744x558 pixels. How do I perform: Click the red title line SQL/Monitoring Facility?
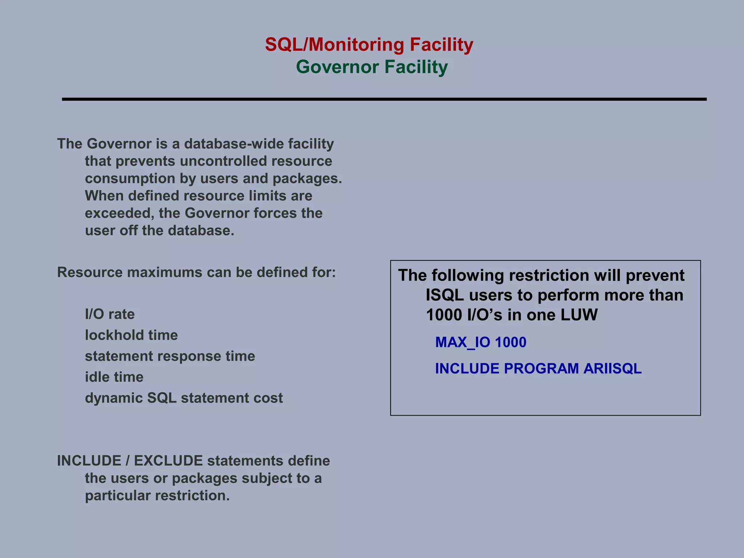click(369, 45)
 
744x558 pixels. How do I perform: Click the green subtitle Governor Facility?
click(372, 67)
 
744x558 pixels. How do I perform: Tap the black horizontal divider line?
click(384, 99)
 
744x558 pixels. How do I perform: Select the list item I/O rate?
click(110, 314)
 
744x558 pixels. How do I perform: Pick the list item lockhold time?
click(131, 335)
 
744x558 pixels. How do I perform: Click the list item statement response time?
click(170, 356)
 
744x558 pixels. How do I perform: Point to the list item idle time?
click(114, 377)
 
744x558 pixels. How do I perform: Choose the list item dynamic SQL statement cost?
click(184, 398)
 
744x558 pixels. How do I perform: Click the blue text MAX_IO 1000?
click(481, 342)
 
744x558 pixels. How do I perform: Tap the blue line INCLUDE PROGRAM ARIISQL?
click(538, 368)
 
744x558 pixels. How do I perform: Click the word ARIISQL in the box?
click(612, 368)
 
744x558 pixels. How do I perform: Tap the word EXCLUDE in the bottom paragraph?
click(168, 461)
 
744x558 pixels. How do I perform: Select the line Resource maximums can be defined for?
click(196, 272)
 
